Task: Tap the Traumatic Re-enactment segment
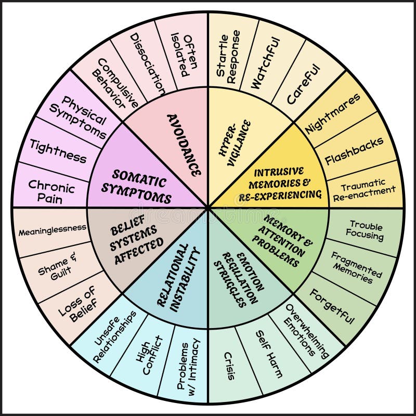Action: (x=365, y=187)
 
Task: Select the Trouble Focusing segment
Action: (x=366, y=230)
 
